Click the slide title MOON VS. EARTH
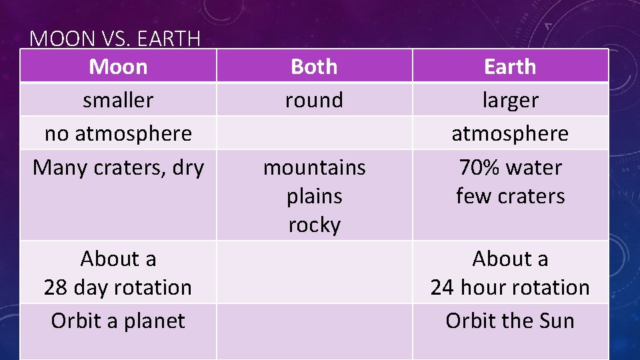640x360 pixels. pos(115,39)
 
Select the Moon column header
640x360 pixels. pos(118,67)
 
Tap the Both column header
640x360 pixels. pos(314,67)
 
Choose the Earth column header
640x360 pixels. pos(510,67)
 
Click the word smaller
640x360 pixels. pos(118,100)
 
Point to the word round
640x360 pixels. pos(314,100)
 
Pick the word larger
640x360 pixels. pos(510,100)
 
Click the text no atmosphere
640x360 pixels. pos(118,133)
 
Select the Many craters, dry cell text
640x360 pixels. pos(118,167)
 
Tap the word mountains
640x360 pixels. pos(314,167)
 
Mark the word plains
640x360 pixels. pos(314,196)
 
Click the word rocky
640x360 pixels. pos(314,225)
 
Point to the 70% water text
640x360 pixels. pos(510,167)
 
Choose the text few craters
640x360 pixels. pos(510,196)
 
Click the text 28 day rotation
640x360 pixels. pos(118,287)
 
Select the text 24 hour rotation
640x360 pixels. pos(510,287)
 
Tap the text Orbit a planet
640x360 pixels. pos(118,321)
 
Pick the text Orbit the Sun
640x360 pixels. pos(510,321)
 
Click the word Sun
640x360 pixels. pos(555,321)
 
